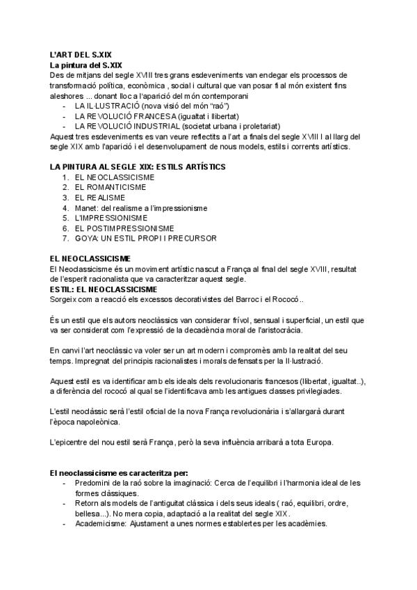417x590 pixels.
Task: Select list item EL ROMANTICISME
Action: coord(111,187)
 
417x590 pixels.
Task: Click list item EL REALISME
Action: coord(101,198)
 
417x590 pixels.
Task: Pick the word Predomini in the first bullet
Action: coord(94,483)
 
